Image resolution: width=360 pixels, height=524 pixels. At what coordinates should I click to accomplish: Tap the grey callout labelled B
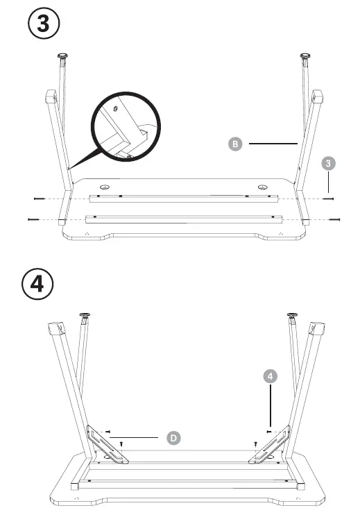[x=236, y=144]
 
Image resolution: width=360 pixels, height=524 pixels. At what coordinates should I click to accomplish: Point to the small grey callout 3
[x=329, y=163]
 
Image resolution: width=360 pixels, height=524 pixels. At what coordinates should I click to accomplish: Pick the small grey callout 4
[x=271, y=376]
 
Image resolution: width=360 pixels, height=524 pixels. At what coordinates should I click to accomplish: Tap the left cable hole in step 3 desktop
[x=105, y=187]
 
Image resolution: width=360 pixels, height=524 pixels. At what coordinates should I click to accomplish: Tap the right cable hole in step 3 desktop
[x=262, y=187]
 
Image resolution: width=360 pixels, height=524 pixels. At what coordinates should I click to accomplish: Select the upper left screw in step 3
[x=39, y=198]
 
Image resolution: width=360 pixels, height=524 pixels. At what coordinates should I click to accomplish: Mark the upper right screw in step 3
[x=328, y=198]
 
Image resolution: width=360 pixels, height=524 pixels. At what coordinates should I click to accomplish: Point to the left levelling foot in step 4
[x=85, y=316]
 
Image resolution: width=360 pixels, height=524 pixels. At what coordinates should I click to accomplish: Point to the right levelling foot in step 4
[x=293, y=316]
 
